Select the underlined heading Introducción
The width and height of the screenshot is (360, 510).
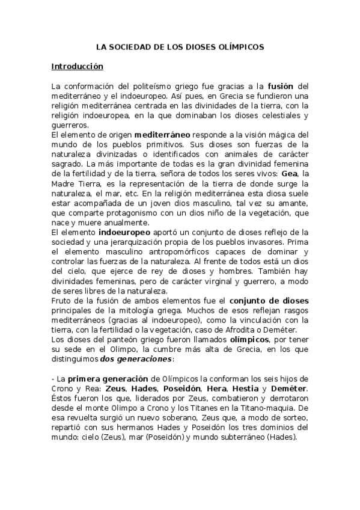point(77,66)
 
